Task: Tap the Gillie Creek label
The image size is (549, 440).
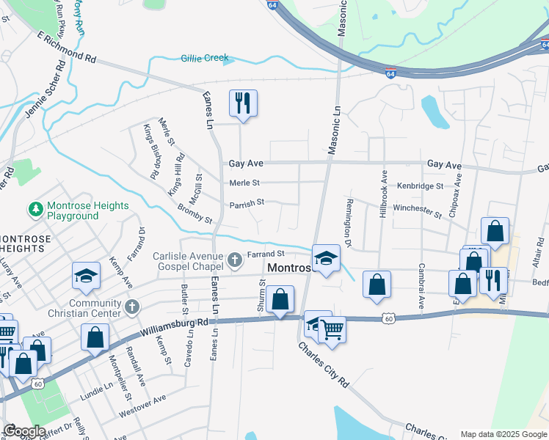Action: [205, 58]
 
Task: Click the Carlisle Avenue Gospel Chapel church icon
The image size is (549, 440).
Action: [234, 259]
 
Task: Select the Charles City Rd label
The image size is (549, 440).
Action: [323, 362]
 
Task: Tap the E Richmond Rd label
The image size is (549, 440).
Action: [66, 47]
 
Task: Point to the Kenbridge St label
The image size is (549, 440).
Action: [421, 186]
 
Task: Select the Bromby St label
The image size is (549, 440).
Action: [194, 215]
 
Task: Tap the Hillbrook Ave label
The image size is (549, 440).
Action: [383, 194]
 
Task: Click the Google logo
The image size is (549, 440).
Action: [25, 431]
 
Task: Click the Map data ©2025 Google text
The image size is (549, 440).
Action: [503, 434]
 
